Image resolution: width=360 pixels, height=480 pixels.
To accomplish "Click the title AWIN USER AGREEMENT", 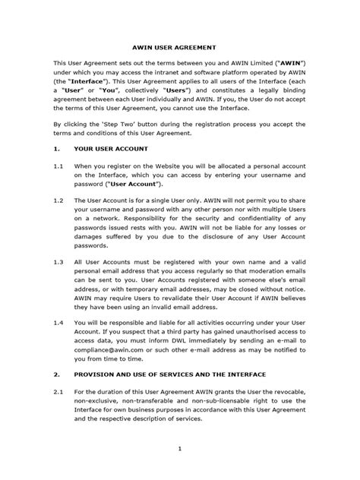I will click(179, 45).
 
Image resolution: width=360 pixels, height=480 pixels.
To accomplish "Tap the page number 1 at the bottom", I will click(179, 449).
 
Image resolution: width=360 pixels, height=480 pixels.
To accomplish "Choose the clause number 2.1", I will click(58, 390).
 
